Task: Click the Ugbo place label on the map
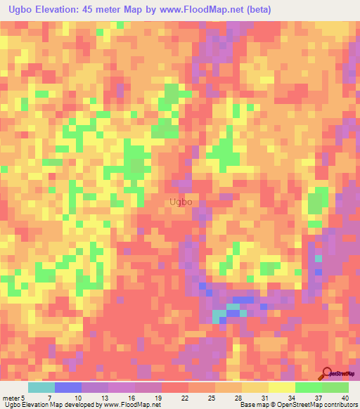(181, 202)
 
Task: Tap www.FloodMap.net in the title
(198, 10)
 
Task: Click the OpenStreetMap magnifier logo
(328, 373)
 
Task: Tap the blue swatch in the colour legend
(67, 387)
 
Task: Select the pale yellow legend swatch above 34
(281, 387)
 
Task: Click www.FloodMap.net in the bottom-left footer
(133, 405)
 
